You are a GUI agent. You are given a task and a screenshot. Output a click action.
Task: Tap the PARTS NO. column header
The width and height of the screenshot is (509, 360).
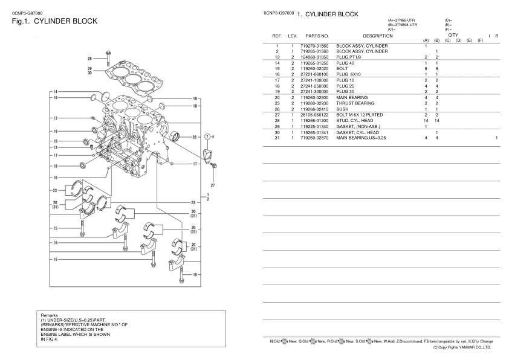[x=317, y=36]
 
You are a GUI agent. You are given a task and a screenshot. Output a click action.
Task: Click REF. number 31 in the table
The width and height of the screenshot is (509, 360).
[x=276, y=139]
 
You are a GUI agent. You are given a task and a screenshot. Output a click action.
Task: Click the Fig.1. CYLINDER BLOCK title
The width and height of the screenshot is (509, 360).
[x=54, y=21]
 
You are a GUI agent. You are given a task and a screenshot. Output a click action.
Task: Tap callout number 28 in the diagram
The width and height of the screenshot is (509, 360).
[x=90, y=59]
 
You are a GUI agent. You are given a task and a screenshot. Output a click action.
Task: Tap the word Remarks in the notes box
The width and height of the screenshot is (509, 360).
[x=50, y=315]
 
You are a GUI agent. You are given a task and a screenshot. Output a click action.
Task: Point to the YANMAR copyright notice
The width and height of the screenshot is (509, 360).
[x=462, y=347]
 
